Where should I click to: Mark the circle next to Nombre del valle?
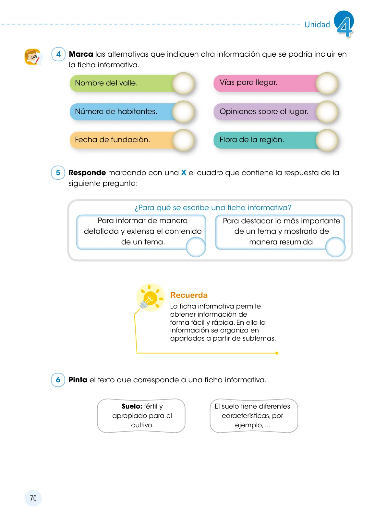[183, 83]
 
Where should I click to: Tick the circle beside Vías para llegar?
[327, 83]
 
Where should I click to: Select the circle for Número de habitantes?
[183, 112]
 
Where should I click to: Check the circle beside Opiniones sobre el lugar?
[327, 112]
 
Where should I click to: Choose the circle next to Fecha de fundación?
[183, 140]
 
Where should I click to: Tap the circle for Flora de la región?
[327, 140]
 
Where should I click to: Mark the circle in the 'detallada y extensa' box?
[196, 247]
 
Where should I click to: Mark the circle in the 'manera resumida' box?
[335, 247]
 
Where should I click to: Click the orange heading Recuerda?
[189, 295]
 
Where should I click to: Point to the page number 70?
[33, 498]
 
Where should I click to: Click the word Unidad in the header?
[317, 24]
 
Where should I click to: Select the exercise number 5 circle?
[58, 173]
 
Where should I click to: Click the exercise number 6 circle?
[58, 380]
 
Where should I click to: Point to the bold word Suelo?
[132, 406]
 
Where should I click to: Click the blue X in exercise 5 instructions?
[184, 173]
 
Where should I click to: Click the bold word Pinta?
[78, 380]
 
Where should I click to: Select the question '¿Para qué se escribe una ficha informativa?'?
[213, 208]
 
